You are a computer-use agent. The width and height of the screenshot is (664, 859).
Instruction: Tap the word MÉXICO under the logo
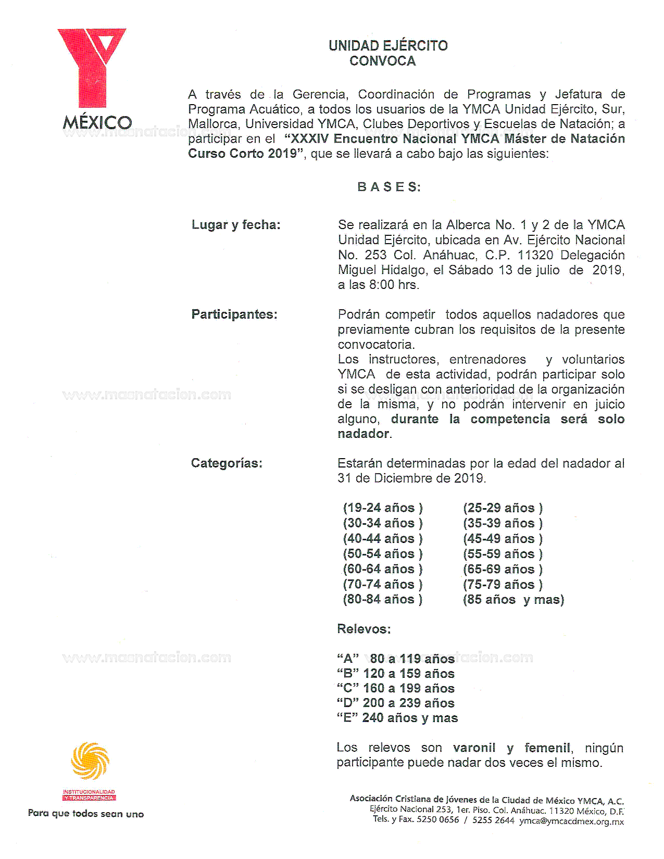pos(97,123)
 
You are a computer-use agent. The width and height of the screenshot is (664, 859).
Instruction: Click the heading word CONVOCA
pos(382,61)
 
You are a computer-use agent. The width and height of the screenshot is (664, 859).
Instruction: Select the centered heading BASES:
pos(389,187)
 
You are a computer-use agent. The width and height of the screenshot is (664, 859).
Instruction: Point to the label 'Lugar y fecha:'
pos(236,225)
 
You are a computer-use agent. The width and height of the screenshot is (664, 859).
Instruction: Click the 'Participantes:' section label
pos(234,314)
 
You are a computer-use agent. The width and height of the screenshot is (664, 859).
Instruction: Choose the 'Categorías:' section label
pos(227,463)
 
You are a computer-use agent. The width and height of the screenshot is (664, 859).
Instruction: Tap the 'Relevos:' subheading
pos(364,629)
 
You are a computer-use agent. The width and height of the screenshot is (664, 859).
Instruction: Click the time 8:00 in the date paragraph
pos(381,285)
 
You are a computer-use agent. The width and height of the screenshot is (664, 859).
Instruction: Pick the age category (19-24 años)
pos(383,508)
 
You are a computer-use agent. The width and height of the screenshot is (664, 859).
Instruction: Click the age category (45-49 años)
pos(503,538)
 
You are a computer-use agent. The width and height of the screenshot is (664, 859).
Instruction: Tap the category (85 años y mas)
pos(513,600)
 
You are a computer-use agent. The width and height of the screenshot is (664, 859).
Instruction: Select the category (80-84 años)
pos(383,599)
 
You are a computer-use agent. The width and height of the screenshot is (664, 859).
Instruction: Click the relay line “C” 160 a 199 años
pos(396,688)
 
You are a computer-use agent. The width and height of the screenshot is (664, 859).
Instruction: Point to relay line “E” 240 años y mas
pos(397,718)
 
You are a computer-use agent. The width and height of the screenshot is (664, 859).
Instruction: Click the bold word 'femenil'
pos(548,748)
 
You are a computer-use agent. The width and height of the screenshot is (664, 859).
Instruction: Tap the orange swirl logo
pos(90,761)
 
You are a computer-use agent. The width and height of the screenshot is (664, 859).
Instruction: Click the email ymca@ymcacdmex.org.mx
pos(571,821)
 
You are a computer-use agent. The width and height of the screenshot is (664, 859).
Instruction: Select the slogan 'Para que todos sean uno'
pos(86,814)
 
